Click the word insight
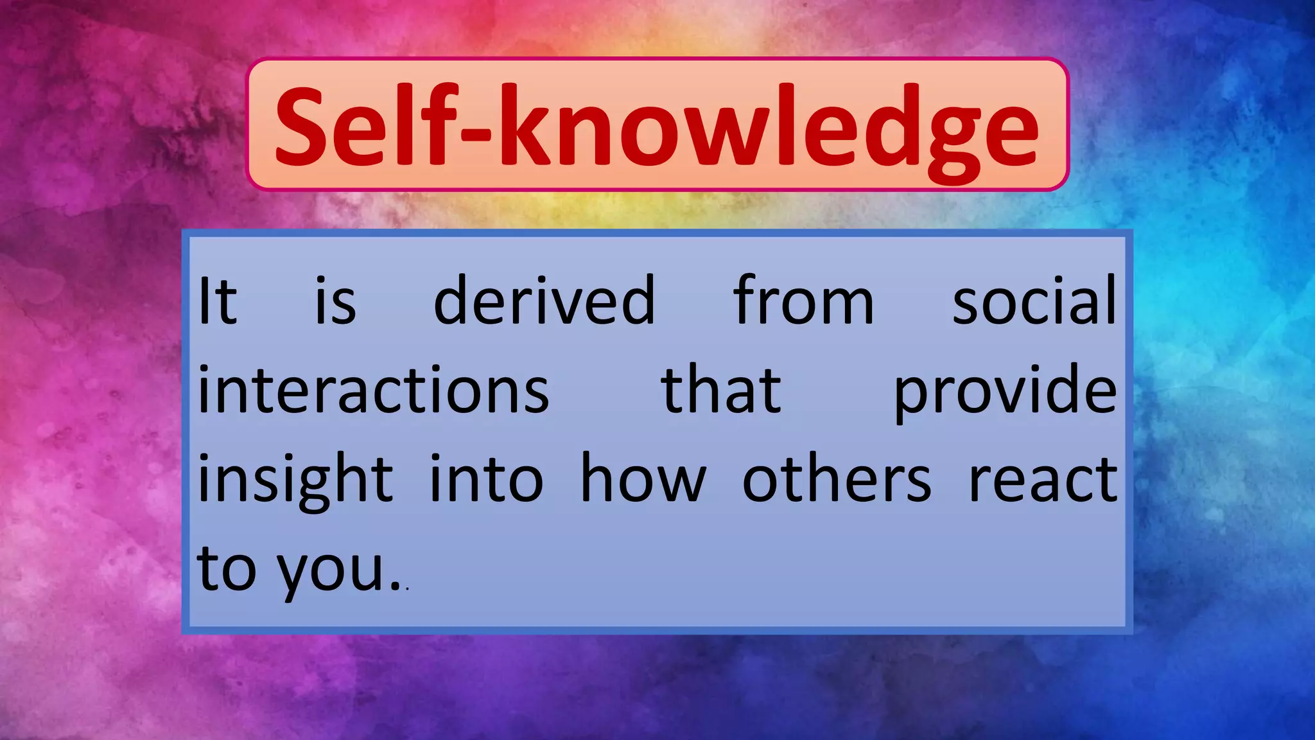pos(295,480)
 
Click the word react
pos(1043,480)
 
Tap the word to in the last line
pos(227,569)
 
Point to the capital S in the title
pos(302,125)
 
